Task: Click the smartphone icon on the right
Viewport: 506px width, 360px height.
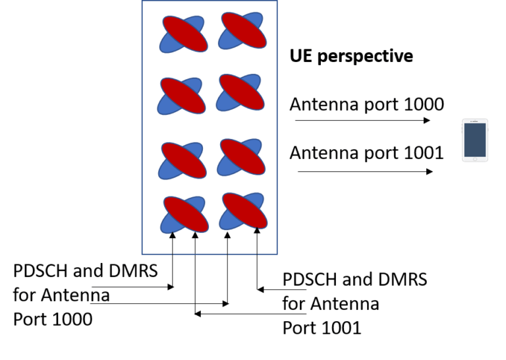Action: coord(475,140)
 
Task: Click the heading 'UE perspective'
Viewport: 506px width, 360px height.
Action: coord(351,57)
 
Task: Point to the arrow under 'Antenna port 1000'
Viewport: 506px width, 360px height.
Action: coord(362,121)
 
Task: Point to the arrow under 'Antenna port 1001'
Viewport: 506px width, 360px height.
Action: coord(365,171)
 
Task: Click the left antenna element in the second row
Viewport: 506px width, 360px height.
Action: coord(181,95)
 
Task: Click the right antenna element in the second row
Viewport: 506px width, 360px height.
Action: coord(241,92)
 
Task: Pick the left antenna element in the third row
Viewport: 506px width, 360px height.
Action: coord(181,159)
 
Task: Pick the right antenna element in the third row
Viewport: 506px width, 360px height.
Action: coord(241,156)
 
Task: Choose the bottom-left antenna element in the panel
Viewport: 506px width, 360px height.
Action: coord(184,214)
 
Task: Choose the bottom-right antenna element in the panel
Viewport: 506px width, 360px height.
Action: coord(242,210)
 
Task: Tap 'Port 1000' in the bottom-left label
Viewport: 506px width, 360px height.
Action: coord(53,319)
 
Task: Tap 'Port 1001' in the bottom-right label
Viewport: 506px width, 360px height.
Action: coord(322,328)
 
